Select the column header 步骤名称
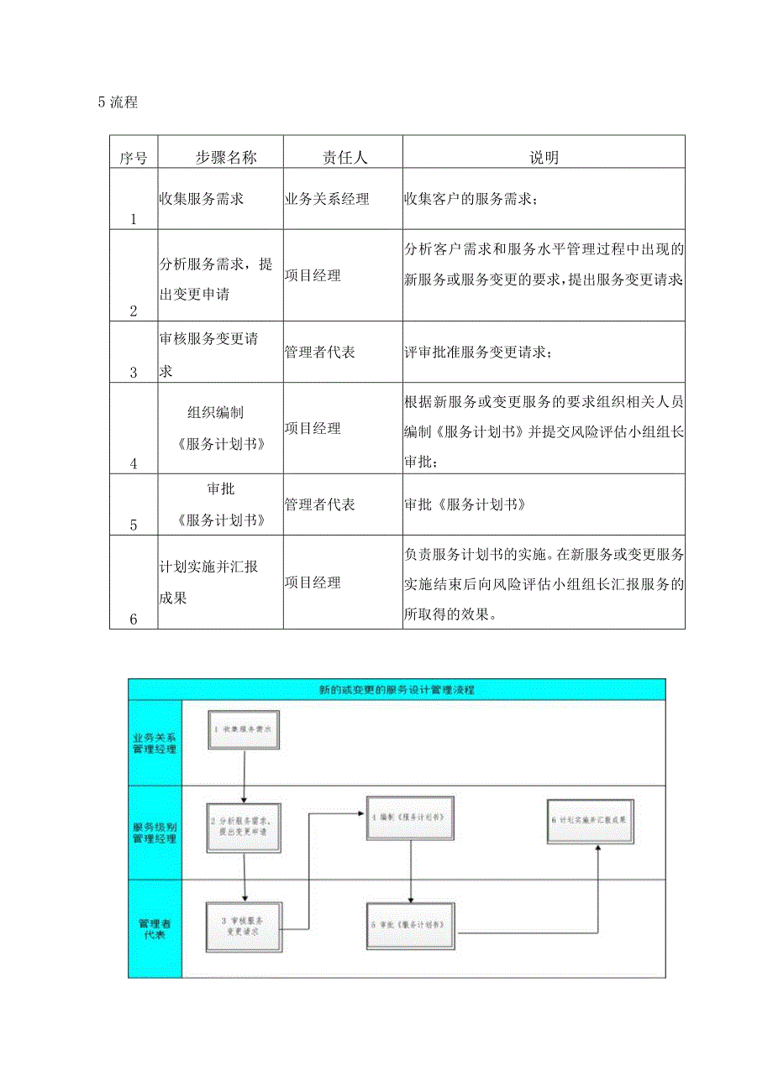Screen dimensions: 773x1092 [x=220, y=157]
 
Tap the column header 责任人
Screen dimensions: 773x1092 [x=344, y=157]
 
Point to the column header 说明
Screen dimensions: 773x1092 [x=544, y=157]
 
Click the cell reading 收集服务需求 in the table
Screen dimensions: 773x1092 [x=202, y=200]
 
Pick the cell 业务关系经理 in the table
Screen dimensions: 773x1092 [x=327, y=200]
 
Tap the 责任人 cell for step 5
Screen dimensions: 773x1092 [x=320, y=504]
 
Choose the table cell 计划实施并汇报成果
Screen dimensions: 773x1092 [x=209, y=582]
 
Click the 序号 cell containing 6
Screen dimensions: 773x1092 [x=133, y=619]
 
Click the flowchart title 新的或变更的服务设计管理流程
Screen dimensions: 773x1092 [x=397, y=689]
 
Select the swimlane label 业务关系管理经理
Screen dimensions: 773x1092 [x=155, y=742]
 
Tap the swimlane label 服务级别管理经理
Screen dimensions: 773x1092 [x=155, y=832]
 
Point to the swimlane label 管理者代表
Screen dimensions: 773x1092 [x=155, y=928]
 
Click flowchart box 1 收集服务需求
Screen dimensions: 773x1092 [x=243, y=730]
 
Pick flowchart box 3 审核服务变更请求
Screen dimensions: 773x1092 [x=245, y=927]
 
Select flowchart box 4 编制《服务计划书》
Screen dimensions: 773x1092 [x=409, y=816]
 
